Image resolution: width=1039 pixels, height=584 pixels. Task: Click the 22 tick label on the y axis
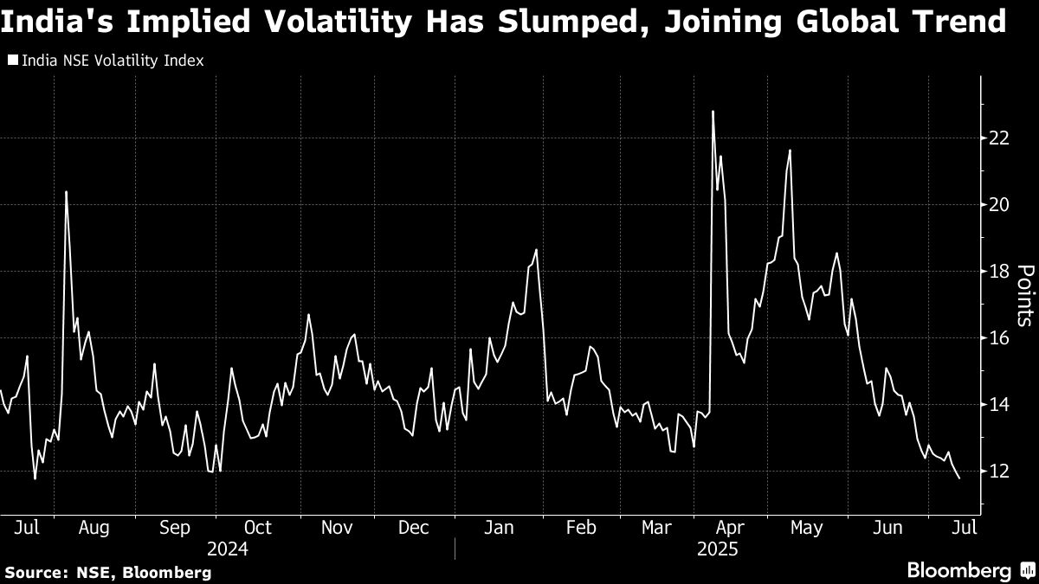(999, 138)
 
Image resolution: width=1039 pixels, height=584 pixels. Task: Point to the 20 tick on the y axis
(999, 204)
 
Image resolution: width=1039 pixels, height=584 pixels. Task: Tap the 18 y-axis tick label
(999, 271)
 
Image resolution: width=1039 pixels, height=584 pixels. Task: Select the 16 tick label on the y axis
(999, 337)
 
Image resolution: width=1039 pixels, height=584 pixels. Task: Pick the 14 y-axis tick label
(999, 404)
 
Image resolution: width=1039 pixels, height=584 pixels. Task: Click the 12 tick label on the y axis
(999, 471)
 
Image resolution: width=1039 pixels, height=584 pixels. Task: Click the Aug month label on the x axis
(94, 528)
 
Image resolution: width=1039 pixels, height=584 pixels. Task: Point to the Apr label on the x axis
(731, 528)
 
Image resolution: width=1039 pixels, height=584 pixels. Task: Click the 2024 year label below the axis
(228, 549)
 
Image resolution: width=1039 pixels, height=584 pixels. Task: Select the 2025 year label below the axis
(715, 549)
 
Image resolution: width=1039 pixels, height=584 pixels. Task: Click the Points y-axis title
(1023, 296)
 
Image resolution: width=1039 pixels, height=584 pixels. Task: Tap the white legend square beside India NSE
(13, 61)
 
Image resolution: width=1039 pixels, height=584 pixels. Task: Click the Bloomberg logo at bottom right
(958, 570)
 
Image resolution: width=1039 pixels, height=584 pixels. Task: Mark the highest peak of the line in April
(713, 111)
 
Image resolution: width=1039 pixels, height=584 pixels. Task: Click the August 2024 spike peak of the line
(67, 191)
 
